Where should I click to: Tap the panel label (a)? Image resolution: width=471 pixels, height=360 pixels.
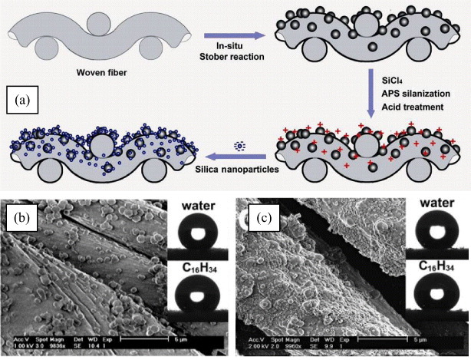pyautogui.click(x=25, y=101)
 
